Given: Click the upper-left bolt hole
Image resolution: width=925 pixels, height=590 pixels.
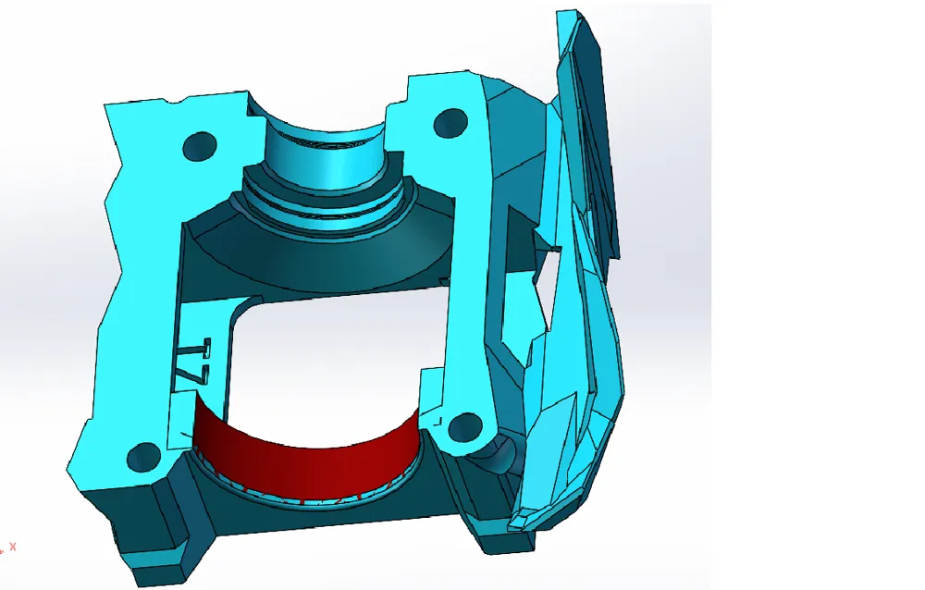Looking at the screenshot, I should (x=200, y=145).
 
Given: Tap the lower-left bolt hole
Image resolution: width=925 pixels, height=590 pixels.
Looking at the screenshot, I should (x=143, y=455).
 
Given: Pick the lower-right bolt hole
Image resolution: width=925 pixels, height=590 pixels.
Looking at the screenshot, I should (x=465, y=427).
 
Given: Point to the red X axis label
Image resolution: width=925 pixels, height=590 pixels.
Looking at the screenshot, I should (x=13, y=547).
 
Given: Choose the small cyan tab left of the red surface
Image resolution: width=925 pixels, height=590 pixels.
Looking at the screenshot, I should (x=181, y=416).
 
